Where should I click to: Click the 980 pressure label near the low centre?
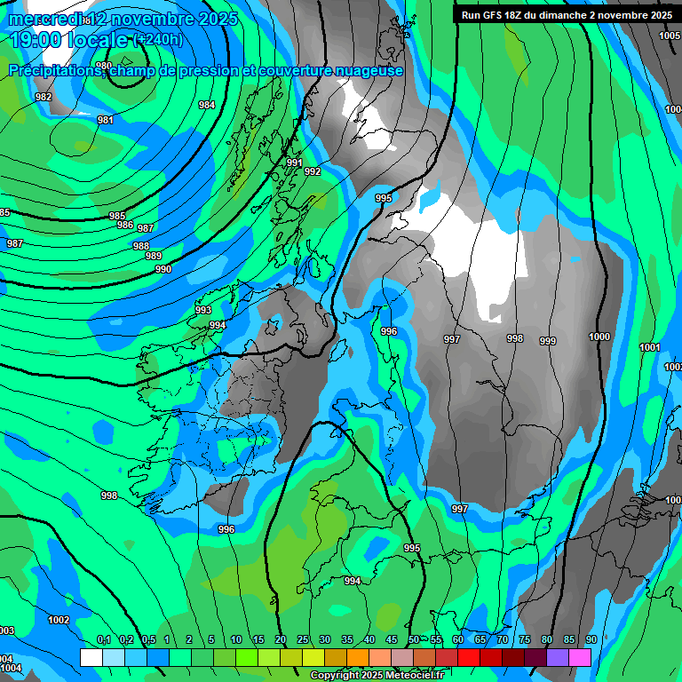pos(104,66)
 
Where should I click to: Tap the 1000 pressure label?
pos(599,337)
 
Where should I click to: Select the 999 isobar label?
pos(548,341)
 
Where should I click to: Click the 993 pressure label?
pos(203,310)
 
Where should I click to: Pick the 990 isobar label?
pos(163,269)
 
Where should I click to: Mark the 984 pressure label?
pos(207,105)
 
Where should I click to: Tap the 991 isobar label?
pos(295,163)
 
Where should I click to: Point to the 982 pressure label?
pos(44,97)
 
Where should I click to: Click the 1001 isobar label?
pos(650,347)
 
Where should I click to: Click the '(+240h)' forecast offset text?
pos(158,40)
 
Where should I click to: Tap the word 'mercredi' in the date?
pos(44,19)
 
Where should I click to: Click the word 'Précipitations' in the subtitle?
pos(58,71)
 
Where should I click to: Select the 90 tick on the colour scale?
pos(591,639)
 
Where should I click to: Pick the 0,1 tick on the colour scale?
pos(104,639)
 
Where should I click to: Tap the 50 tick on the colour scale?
pos(414,639)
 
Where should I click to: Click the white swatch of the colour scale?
pos(91,657)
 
